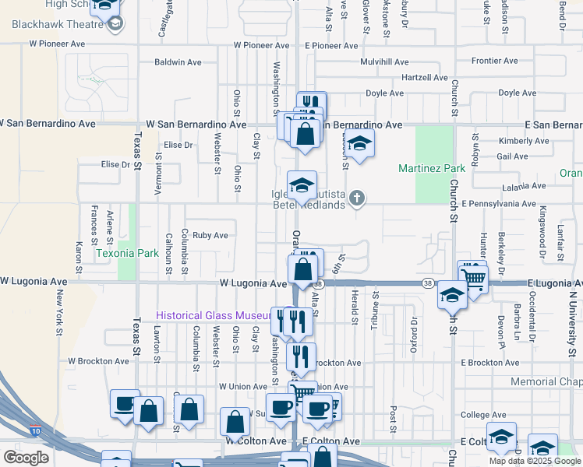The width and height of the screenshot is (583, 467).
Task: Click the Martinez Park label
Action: click(x=432, y=168)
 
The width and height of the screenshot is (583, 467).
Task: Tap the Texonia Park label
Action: click(x=127, y=253)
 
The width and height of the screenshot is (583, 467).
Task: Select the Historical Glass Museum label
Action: click(x=212, y=316)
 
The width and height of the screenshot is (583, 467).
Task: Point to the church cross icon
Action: click(x=357, y=198)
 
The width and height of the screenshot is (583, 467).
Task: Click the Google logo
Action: click(x=26, y=458)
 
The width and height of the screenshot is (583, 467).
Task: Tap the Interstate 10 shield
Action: click(x=36, y=430)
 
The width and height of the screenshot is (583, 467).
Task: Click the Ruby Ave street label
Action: click(x=210, y=235)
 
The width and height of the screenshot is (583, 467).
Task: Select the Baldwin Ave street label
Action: click(x=178, y=62)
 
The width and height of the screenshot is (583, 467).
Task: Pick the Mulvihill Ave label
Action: click(x=384, y=62)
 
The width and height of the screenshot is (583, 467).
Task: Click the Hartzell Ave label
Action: click(x=424, y=78)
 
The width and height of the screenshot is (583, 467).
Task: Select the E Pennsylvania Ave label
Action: click(x=499, y=203)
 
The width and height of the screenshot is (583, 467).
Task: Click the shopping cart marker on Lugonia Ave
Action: click(x=472, y=277)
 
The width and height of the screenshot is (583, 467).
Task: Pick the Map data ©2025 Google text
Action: click(x=535, y=461)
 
